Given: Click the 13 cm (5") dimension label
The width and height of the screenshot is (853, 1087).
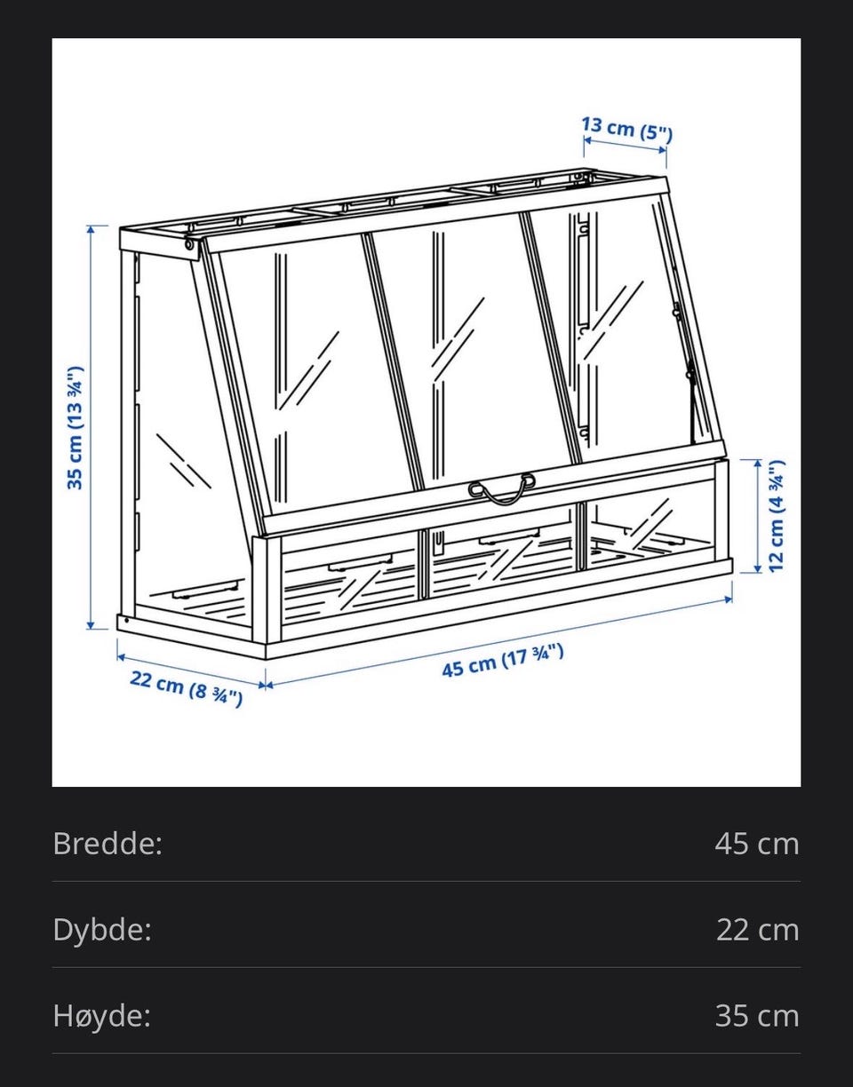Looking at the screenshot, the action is [x=627, y=129].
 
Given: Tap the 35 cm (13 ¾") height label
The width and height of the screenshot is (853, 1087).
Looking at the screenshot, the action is [x=76, y=428].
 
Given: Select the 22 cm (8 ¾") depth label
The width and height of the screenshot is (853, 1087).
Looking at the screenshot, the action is [x=186, y=689].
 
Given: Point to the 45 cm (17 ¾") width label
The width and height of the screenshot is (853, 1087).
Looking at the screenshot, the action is [x=503, y=661].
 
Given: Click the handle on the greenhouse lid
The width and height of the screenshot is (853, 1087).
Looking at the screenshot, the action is [x=502, y=488].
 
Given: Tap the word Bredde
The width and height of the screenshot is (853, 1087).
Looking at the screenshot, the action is [x=108, y=844].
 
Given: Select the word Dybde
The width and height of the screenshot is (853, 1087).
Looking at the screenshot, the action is [x=102, y=930].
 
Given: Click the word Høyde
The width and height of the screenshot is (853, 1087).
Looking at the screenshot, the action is [x=101, y=1016].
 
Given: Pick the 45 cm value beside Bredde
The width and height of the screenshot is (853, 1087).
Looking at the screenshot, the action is [x=757, y=844].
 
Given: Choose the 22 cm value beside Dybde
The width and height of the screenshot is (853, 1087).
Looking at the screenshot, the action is [x=757, y=930].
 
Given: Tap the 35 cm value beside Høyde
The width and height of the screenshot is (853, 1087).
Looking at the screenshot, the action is [x=757, y=1016].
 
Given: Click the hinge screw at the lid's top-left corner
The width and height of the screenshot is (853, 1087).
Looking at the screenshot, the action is [x=189, y=244].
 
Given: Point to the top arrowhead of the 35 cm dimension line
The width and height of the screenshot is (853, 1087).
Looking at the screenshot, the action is [x=91, y=230].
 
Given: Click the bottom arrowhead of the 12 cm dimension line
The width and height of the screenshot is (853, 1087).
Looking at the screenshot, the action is [x=757, y=568].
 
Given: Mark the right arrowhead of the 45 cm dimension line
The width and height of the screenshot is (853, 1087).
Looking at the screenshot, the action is [x=728, y=599].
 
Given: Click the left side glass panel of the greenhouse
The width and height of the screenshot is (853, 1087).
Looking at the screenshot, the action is [x=185, y=430].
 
